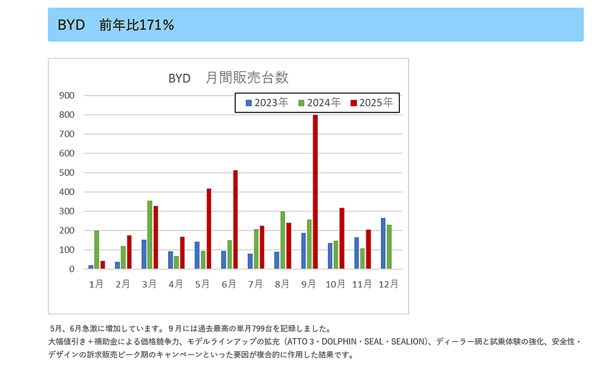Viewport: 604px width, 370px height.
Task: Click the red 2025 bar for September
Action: coord(315,192)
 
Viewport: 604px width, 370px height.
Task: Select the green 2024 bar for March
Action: coord(150,235)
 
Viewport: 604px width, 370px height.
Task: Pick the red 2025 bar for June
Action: coord(235,220)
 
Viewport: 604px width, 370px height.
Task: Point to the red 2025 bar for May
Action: coord(209,229)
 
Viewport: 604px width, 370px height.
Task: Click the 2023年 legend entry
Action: coord(267,103)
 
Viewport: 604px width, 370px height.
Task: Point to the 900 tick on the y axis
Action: coord(67,95)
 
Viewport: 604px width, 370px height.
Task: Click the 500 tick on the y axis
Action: coord(67,173)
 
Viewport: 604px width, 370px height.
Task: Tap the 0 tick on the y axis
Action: coord(71,269)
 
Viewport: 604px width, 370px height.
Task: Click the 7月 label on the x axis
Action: coord(255,284)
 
